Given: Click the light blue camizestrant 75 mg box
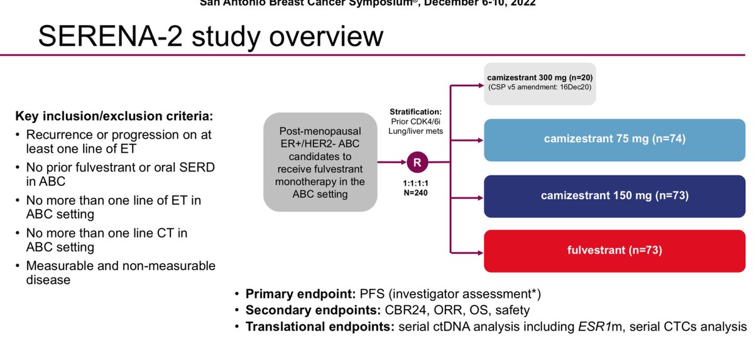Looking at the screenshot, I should coord(615,139).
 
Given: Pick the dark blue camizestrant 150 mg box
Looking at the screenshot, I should coord(615,195).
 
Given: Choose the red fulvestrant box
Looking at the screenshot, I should coord(615,251).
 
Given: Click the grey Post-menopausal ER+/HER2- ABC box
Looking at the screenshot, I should coord(320,161).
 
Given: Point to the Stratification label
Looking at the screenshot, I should coord(415,111).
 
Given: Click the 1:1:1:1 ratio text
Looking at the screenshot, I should coord(416,183).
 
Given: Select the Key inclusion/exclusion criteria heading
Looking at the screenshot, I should coord(114,117).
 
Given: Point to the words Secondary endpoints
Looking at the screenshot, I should coord(310,310).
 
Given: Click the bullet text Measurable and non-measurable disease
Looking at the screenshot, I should coord(120,273).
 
